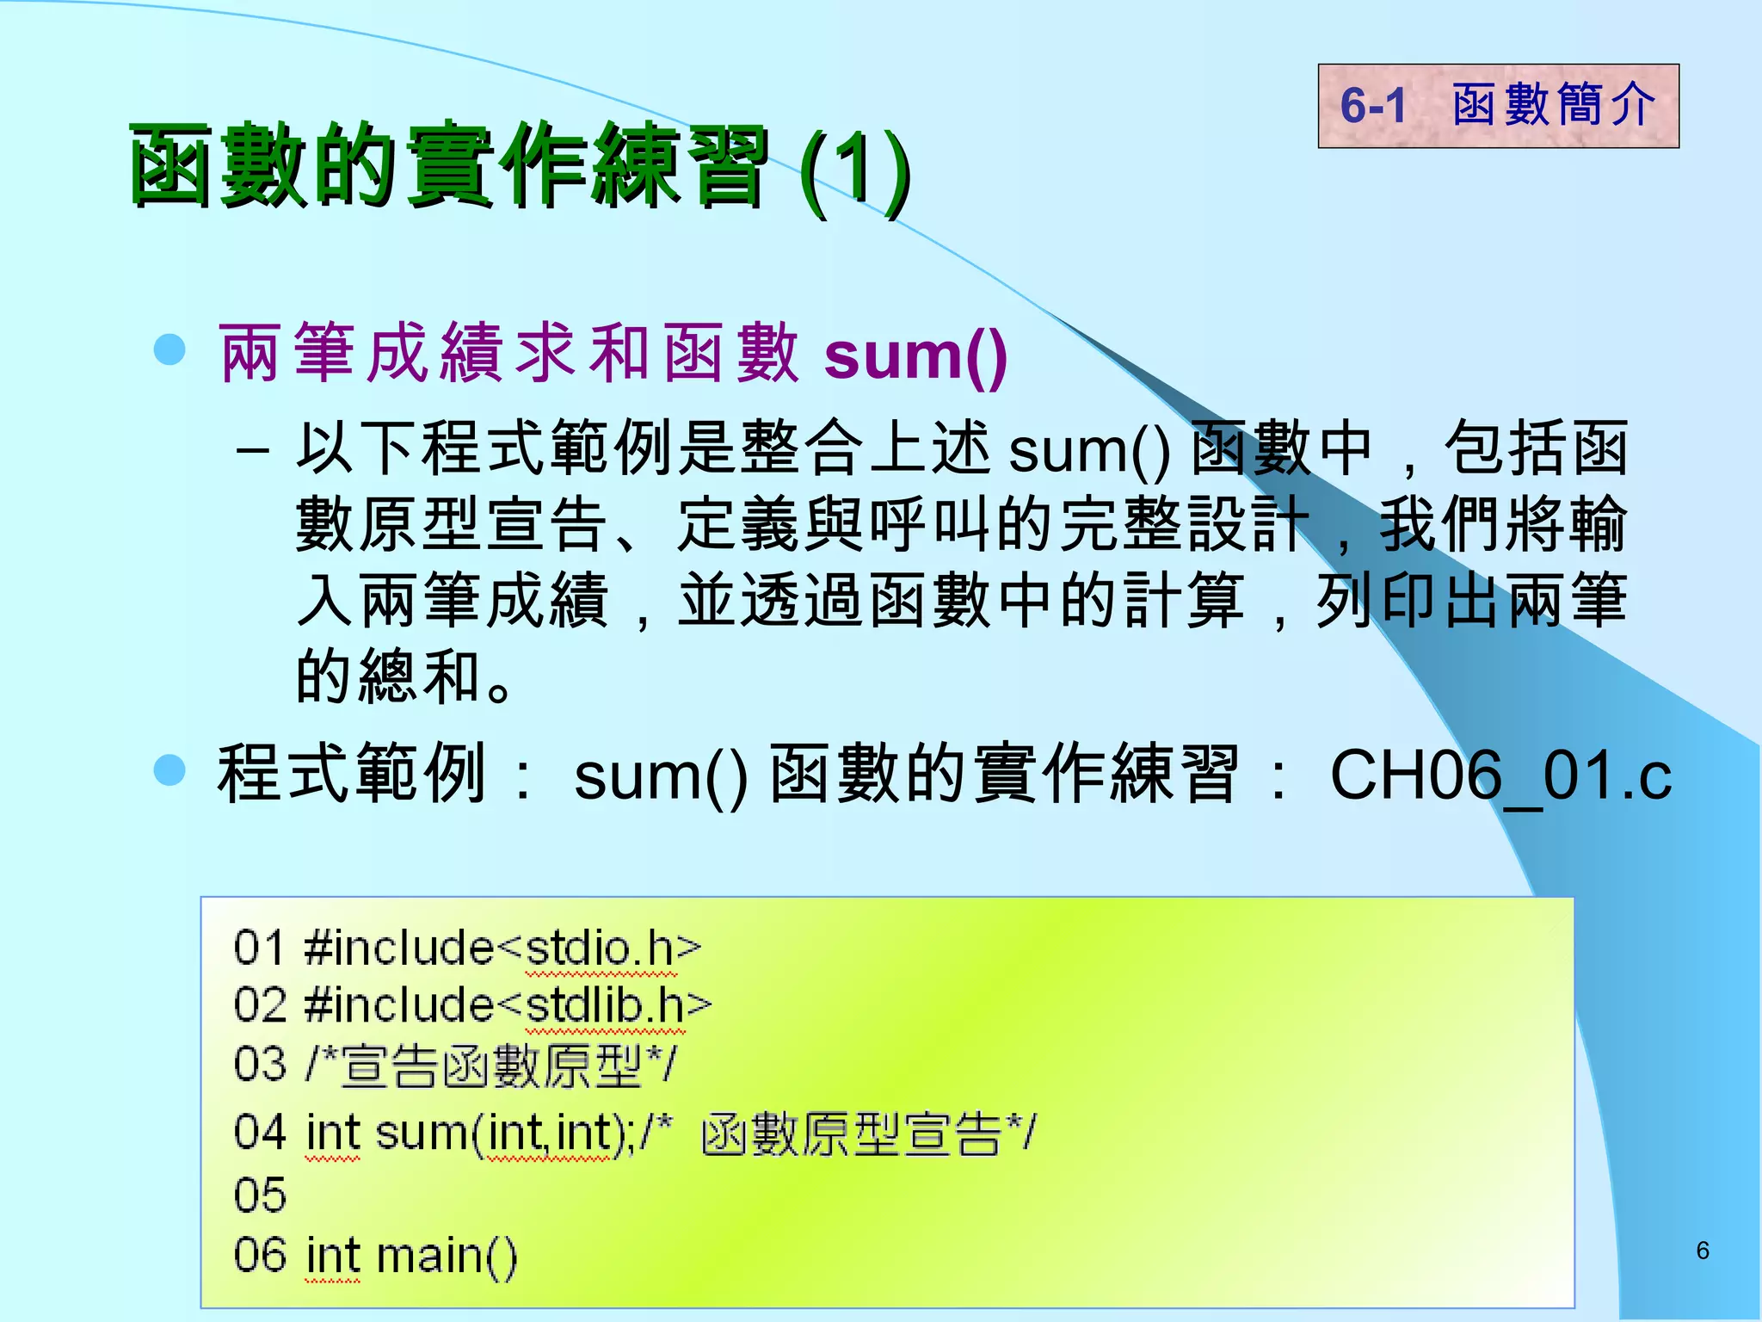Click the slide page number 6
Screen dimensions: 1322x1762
[1702, 1251]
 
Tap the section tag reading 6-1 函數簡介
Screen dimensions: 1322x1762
[1498, 106]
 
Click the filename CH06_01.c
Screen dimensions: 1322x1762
[1500, 775]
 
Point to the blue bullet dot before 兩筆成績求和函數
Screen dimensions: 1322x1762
[169, 350]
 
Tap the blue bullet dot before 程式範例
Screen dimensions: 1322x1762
[169, 770]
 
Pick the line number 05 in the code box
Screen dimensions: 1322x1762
[259, 1195]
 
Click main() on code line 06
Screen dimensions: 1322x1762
[447, 1256]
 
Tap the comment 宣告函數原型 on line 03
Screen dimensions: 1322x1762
[491, 1066]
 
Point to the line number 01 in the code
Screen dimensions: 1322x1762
[259, 948]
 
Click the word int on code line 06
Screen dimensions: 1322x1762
[332, 1256]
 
